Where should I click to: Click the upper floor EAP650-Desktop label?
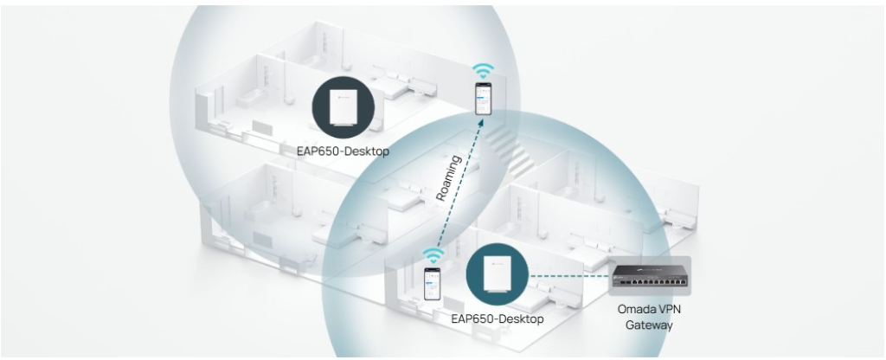[343, 151]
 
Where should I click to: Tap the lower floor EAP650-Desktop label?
[498, 318]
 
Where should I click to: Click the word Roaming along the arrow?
[450, 178]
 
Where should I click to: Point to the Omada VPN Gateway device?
[650, 276]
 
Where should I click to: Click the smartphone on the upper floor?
[483, 99]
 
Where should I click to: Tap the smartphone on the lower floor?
[433, 283]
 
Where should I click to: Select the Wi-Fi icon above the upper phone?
[483, 71]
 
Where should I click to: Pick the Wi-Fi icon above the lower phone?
[433, 255]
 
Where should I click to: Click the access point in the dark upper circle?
[343, 107]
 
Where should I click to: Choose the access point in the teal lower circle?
[498, 274]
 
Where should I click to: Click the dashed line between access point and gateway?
[569, 276]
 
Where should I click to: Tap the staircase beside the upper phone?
[511, 150]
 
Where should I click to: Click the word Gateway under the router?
[649, 325]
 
